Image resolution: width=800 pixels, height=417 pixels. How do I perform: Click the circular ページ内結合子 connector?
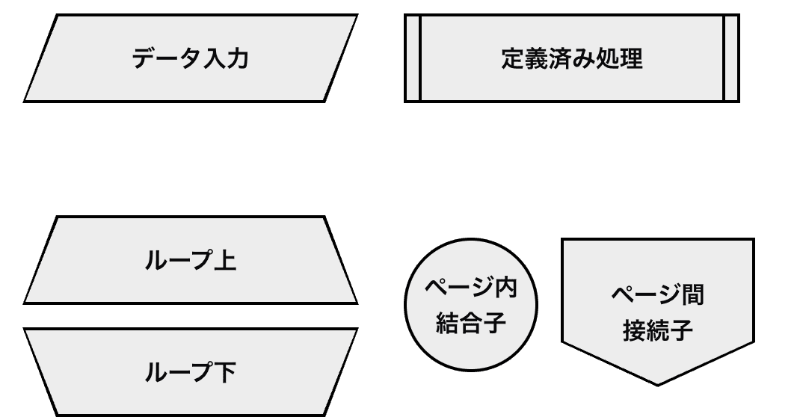click(x=471, y=351)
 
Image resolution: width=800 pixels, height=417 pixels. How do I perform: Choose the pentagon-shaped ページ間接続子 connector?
click(x=658, y=262)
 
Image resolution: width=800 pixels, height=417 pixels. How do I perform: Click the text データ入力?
click(x=190, y=58)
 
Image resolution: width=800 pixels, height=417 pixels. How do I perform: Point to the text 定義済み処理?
click(x=572, y=58)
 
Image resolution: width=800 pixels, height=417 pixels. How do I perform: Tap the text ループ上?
click(x=190, y=262)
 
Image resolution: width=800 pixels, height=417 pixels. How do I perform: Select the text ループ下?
click(x=190, y=372)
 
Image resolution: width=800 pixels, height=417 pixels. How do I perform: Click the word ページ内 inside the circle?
click(x=471, y=287)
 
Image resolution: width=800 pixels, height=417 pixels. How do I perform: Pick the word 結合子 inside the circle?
click(x=471, y=323)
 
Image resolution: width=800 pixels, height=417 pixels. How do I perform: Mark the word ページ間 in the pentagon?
click(x=658, y=294)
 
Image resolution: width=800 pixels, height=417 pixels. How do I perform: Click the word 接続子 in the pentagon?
click(x=658, y=330)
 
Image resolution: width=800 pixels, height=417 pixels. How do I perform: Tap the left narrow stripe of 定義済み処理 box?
click(x=413, y=58)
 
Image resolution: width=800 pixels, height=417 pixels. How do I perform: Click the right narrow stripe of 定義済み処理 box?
click(x=731, y=58)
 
